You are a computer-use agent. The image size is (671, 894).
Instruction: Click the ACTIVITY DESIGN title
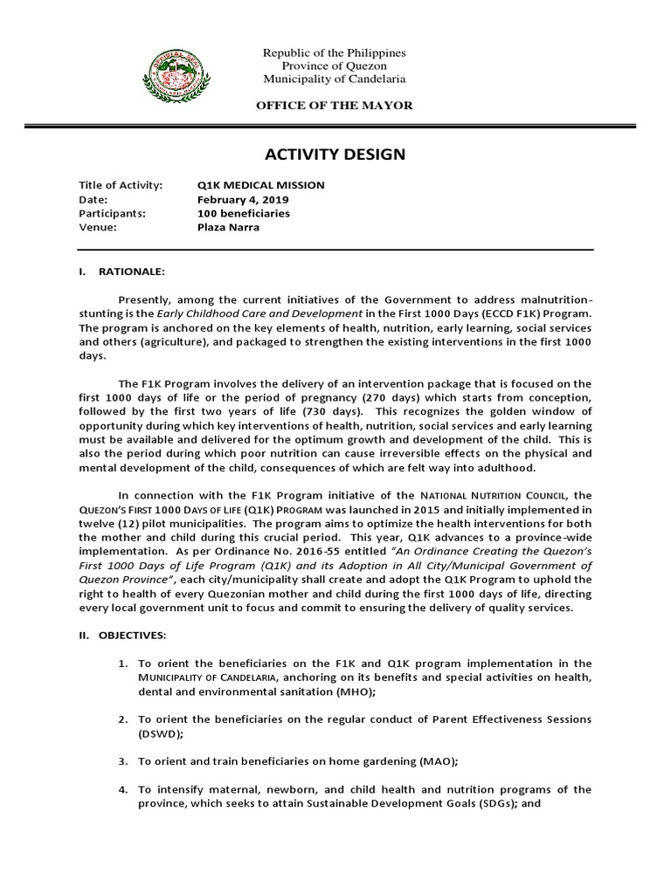pos(335,155)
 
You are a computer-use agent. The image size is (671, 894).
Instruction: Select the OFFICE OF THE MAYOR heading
pos(334,105)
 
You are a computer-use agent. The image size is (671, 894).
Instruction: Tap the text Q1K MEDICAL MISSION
pos(261,185)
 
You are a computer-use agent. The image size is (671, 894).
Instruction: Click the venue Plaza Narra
pos(229,227)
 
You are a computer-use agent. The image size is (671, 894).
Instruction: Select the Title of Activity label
pos(121,185)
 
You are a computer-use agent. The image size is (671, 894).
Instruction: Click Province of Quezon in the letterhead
pos(335,66)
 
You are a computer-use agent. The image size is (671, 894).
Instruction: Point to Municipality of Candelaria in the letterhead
pos(335,79)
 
